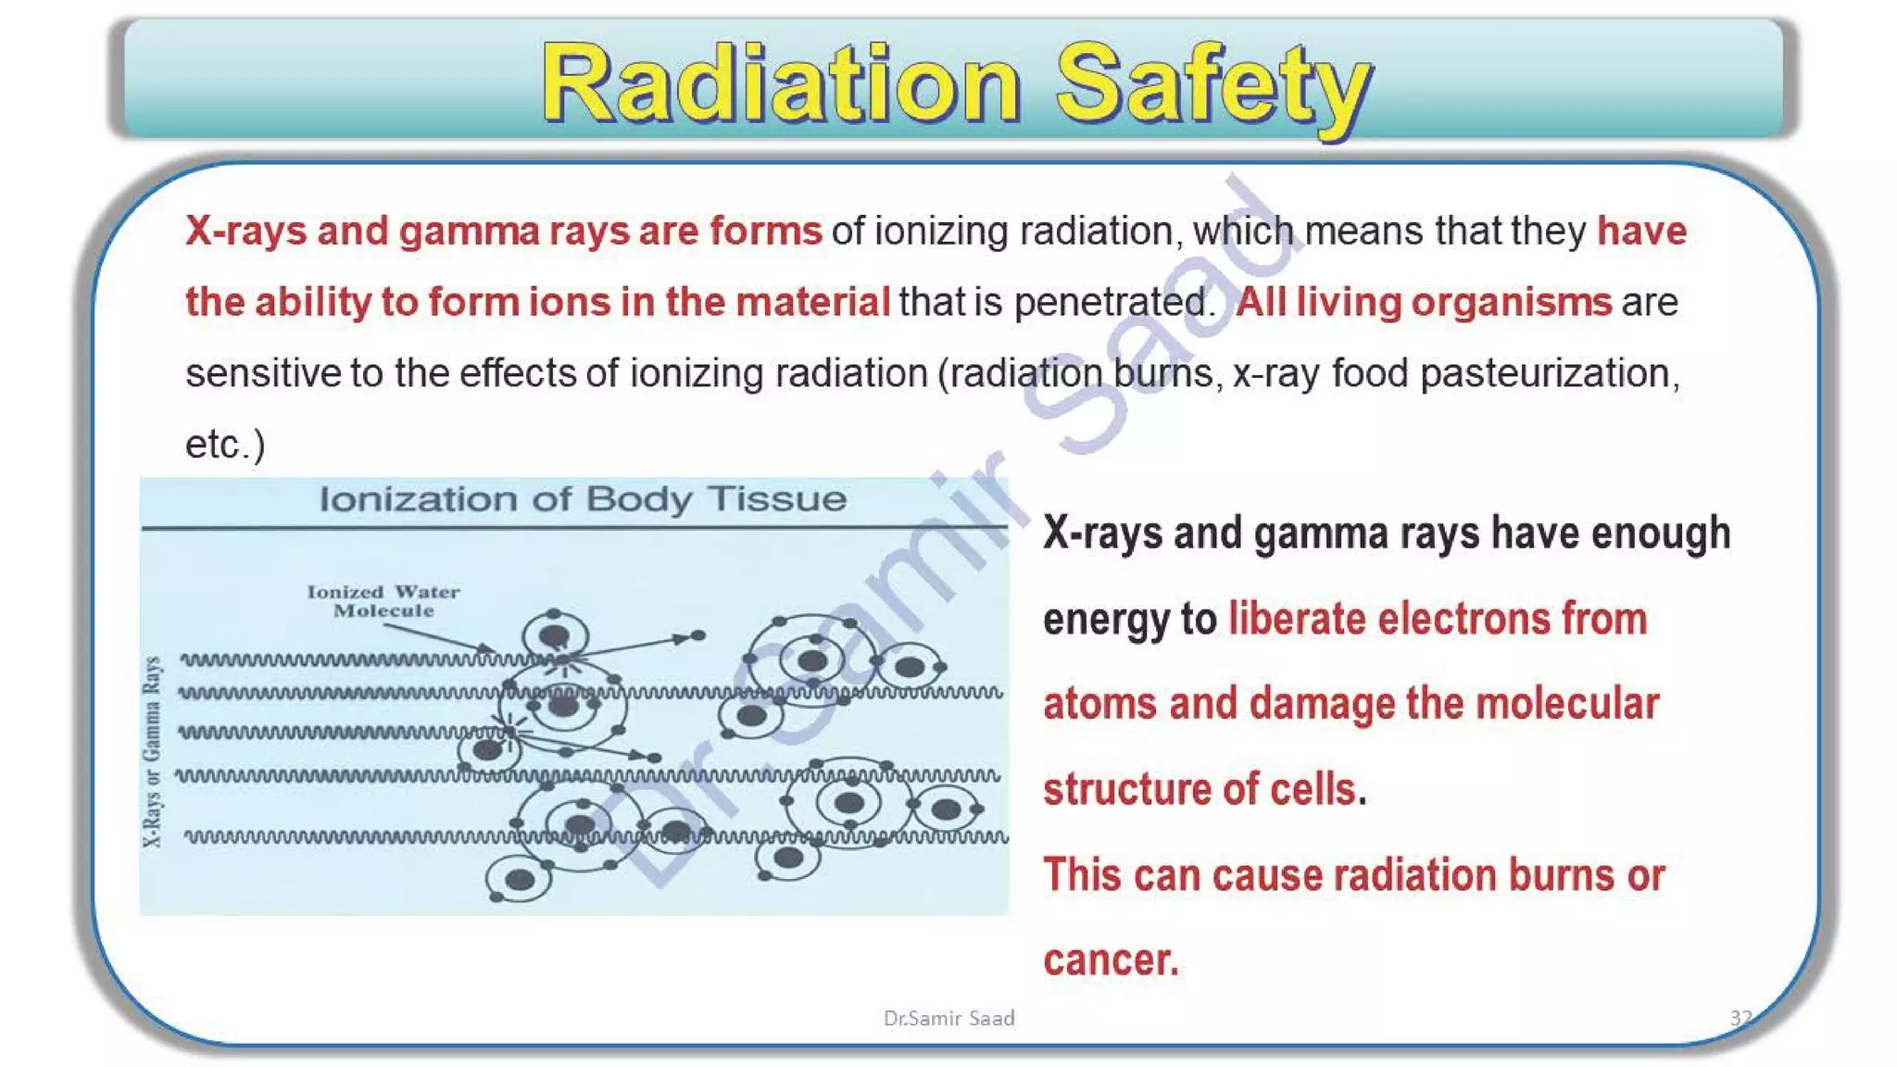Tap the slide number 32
coord(1740,1018)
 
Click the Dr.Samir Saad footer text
coord(948,1018)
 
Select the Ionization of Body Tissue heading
coord(583,499)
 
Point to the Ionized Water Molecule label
coord(383,601)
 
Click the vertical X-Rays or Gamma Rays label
coord(153,751)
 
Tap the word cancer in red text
coord(1110,960)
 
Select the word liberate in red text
coord(1297,619)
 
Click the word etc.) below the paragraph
coord(225,445)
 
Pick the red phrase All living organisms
coord(1424,302)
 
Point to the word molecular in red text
coord(1566,704)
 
